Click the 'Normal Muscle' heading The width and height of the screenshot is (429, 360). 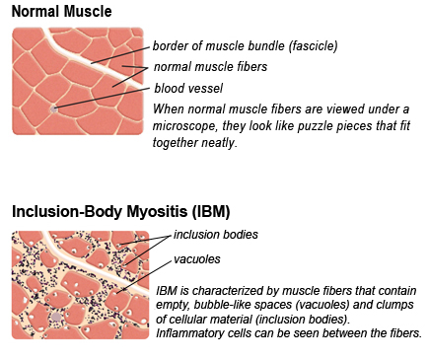click(60, 13)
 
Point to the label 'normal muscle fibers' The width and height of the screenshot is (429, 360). click(211, 67)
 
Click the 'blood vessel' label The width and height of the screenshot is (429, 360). click(186, 88)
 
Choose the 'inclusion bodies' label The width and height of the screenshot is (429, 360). click(215, 236)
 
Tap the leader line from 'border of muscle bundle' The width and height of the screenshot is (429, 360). click(117, 54)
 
